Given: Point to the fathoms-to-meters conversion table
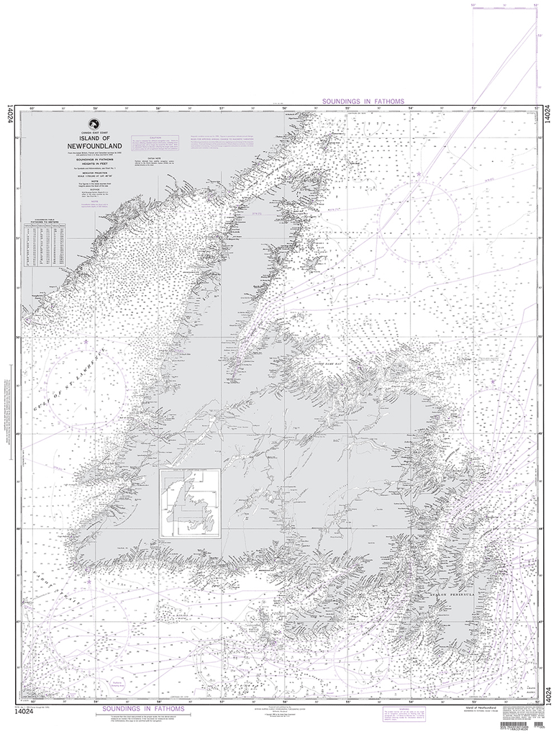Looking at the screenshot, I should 45,243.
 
